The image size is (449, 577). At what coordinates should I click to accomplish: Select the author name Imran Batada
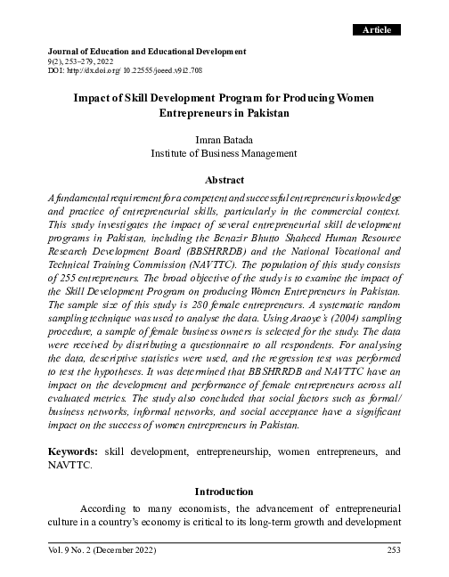pyautogui.click(x=224, y=139)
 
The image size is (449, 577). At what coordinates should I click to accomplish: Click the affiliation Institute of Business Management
pyautogui.click(x=224, y=153)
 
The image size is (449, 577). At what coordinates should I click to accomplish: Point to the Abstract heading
pyautogui.click(x=224, y=179)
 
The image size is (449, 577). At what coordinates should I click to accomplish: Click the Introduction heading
pyautogui.click(x=224, y=491)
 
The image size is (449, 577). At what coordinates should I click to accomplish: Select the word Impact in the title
pyautogui.click(x=94, y=100)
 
